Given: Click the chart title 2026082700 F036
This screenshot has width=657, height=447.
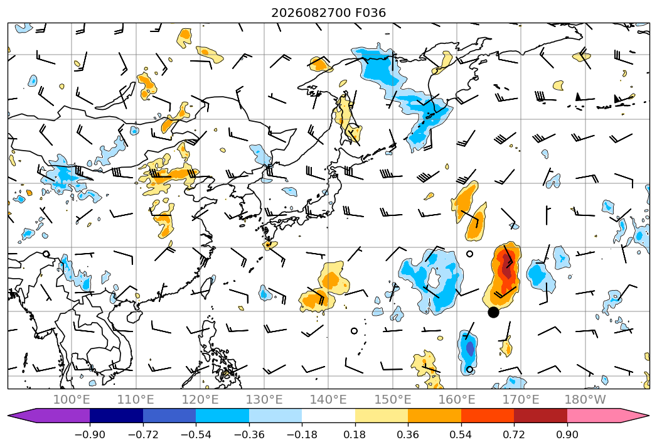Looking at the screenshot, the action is [x=329, y=13].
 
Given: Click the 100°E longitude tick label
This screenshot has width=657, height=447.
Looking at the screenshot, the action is [x=72, y=399].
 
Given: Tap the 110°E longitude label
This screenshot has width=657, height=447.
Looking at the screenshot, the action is [x=136, y=399].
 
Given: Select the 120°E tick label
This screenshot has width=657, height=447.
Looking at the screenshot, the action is [x=200, y=399].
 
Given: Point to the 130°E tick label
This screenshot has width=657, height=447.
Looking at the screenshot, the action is [x=264, y=399].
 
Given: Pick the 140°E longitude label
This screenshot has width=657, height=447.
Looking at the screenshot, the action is [x=328, y=399].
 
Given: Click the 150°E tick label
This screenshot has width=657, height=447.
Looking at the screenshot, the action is [x=393, y=399].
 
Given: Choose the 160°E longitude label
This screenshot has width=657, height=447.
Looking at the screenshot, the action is [x=457, y=399].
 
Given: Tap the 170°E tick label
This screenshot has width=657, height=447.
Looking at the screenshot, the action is [x=521, y=399].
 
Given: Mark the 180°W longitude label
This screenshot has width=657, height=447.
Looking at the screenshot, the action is [x=585, y=399].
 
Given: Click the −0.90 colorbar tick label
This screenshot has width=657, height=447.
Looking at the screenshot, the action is [x=90, y=434].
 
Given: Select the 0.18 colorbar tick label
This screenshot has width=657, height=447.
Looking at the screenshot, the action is [x=355, y=434].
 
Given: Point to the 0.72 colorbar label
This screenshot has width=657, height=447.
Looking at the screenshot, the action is [x=514, y=434].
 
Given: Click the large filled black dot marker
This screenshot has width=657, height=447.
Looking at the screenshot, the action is [x=493, y=312].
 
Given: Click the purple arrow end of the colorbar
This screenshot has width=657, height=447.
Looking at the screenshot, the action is [x=49, y=415].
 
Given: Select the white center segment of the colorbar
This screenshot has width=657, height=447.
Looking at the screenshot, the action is [x=328, y=415].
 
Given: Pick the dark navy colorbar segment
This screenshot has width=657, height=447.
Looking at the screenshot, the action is [x=116, y=415].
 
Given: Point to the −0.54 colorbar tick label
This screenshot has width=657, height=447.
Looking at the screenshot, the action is [x=196, y=434].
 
